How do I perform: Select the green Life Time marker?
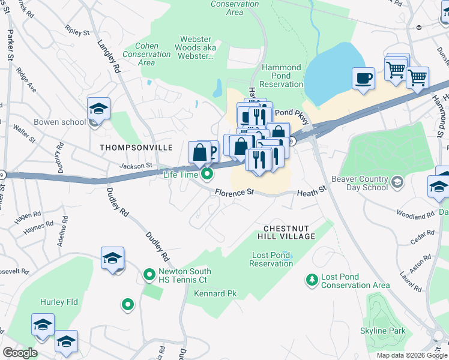[x=208, y=175]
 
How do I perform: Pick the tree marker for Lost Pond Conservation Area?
[x=312, y=280]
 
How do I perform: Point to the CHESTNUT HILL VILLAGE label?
[x=289, y=232]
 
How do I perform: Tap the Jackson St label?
[x=136, y=166]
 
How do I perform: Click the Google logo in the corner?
[x=20, y=353]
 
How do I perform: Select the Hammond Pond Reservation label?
[x=282, y=76]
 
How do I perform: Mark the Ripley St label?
[x=77, y=29]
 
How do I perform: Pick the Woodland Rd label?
[x=415, y=214]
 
